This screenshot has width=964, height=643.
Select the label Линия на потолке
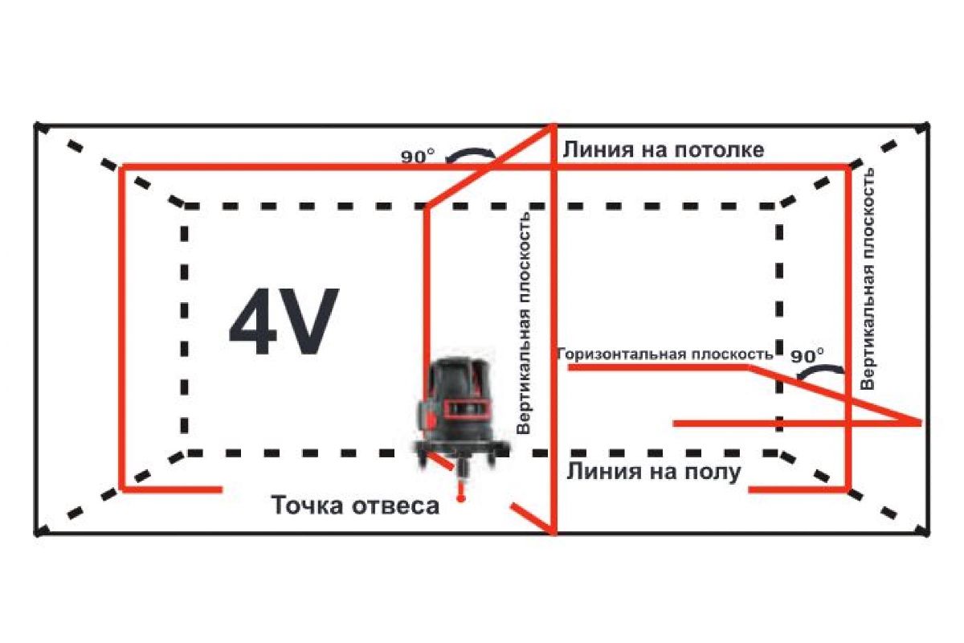click(663, 149)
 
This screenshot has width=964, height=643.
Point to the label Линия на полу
click(653, 471)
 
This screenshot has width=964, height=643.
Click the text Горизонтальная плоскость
click(664, 354)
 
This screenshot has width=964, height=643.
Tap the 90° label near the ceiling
click(418, 157)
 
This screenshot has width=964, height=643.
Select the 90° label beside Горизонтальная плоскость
click(807, 354)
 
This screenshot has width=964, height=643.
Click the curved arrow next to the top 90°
click(470, 153)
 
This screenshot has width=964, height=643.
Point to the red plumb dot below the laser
click(460, 499)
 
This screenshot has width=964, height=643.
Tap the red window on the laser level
click(467, 408)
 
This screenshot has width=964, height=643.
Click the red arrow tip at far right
click(917, 422)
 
